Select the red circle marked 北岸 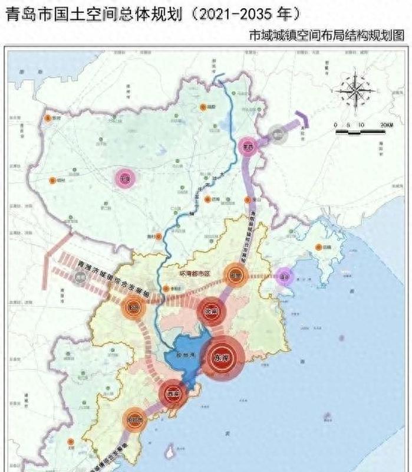[x=210, y=310]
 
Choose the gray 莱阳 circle [x=277, y=135]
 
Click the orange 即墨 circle [x=235, y=275]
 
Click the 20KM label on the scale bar [x=387, y=125]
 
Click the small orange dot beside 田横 [x=319, y=247]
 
